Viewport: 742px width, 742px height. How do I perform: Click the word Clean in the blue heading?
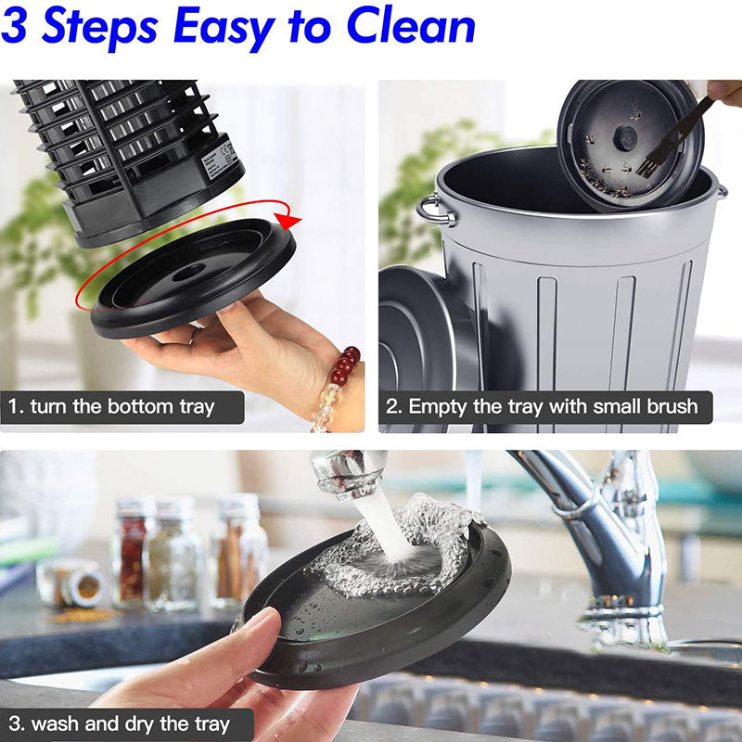click(x=411, y=27)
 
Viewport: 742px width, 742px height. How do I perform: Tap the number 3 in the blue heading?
click(x=14, y=26)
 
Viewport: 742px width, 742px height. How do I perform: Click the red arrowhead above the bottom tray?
click(x=288, y=221)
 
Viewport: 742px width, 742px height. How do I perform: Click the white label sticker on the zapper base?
click(x=219, y=159)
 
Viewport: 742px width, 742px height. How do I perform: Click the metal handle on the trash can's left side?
click(x=434, y=211)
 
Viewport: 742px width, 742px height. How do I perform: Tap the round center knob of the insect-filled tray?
click(x=626, y=138)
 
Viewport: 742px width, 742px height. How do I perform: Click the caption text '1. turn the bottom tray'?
click(x=111, y=407)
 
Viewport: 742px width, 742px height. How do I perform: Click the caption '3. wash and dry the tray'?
click(x=119, y=724)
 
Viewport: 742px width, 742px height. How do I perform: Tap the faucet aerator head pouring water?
click(x=350, y=474)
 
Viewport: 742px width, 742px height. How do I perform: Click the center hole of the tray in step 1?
click(x=189, y=272)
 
